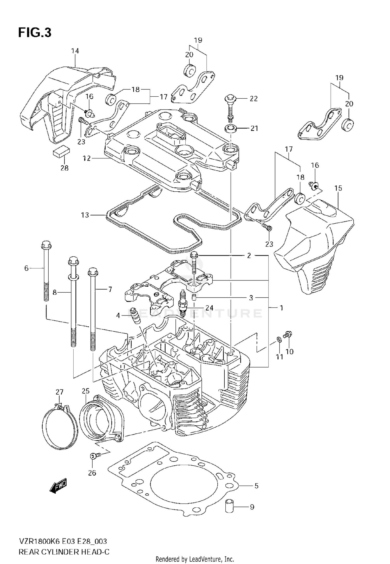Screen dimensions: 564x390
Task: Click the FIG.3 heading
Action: [35, 33]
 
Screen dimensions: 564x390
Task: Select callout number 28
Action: [64, 168]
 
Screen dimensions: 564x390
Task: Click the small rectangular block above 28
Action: [62, 151]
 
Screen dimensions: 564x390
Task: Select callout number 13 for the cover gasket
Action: [85, 215]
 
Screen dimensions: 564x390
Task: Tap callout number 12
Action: [87, 158]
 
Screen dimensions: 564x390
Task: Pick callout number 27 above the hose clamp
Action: [59, 392]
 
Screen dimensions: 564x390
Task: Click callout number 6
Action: [26, 268]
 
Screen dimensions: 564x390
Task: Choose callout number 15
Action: [338, 188]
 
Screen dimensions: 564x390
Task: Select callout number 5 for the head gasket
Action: [256, 486]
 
